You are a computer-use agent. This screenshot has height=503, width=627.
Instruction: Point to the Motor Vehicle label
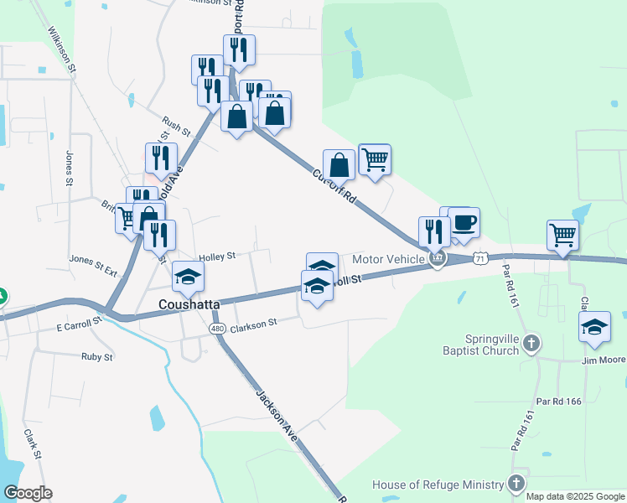pos(388,259)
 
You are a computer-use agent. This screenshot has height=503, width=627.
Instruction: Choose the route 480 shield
pos(218,327)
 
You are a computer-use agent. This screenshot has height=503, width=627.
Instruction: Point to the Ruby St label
pos(96,356)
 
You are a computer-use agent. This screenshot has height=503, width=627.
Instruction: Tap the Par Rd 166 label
pos(560,402)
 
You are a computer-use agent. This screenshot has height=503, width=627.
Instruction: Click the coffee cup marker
pos(464,223)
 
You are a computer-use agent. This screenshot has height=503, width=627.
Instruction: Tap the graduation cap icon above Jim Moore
pos(594,327)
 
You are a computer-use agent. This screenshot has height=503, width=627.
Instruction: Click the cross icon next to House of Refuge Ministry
pos(516,484)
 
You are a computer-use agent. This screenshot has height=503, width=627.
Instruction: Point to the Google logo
pos(28,493)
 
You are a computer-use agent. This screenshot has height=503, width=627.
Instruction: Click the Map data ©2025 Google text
pos(575,496)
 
